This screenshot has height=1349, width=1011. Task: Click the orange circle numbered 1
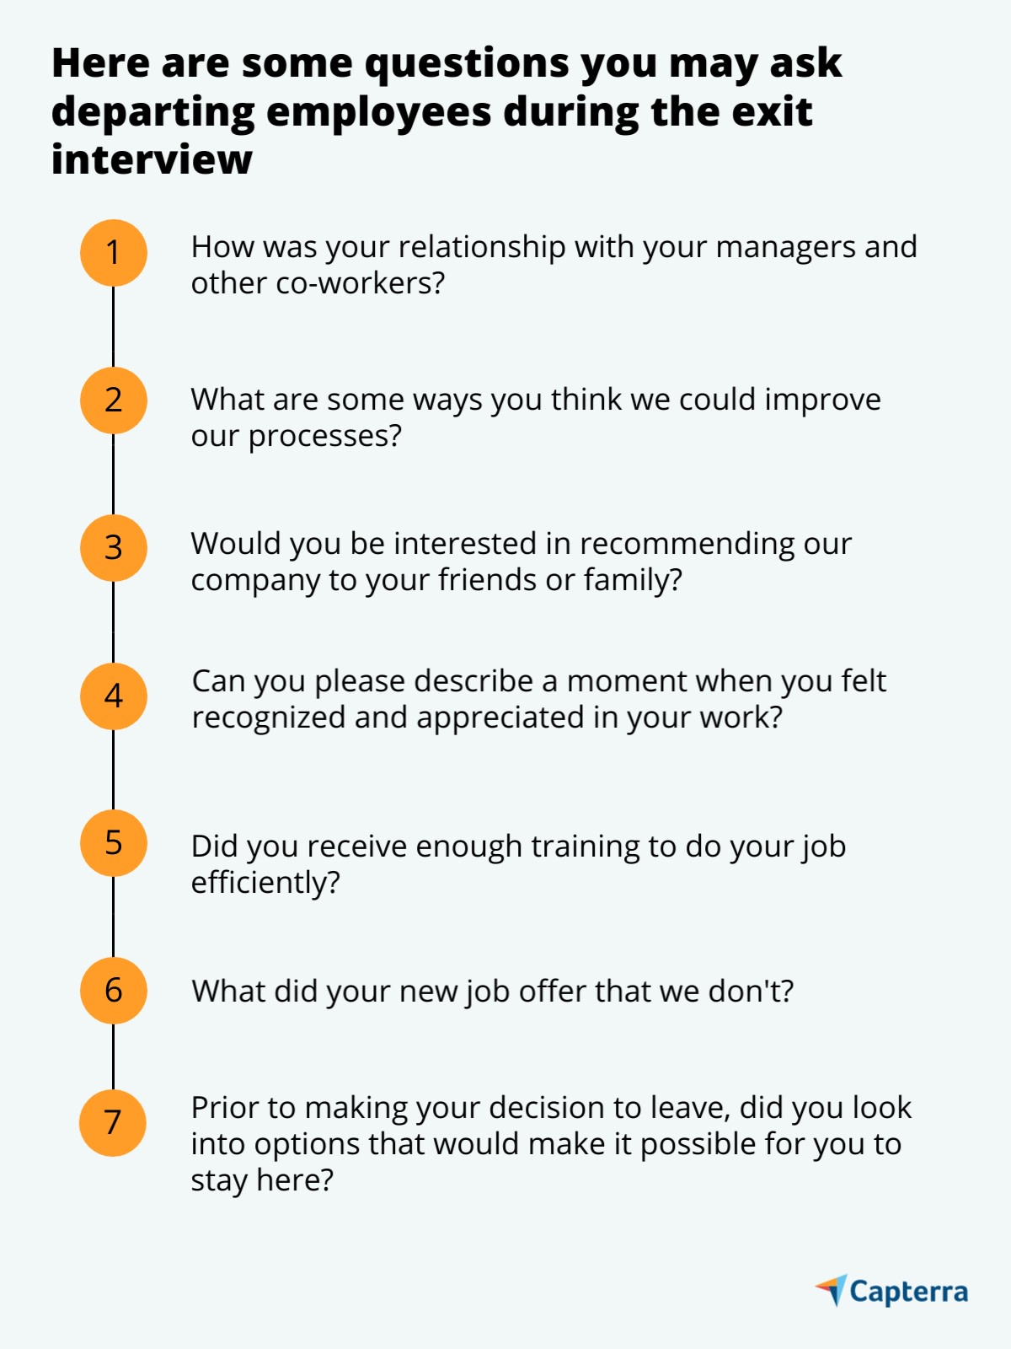pyautogui.click(x=114, y=253)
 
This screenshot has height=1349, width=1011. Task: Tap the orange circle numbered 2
pyautogui.click(x=114, y=400)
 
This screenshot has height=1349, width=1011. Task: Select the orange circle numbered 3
pyautogui.click(x=114, y=548)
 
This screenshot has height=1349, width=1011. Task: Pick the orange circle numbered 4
pyautogui.click(x=114, y=696)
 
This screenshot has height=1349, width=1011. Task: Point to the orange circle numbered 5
pyautogui.click(x=114, y=843)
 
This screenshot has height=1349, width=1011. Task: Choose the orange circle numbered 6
pyautogui.click(x=114, y=991)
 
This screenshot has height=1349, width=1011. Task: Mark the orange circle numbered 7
pyautogui.click(x=113, y=1123)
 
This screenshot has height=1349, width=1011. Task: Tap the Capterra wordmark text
pyautogui.click(x=908, y=1293)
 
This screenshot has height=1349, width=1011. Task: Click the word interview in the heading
pyautogui.click(x=152, y=159)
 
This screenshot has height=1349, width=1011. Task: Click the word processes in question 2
pyautogui.click(x=324, y=437)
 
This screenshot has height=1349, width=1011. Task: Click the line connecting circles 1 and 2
pyautogui.click(x=114, y=327)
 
